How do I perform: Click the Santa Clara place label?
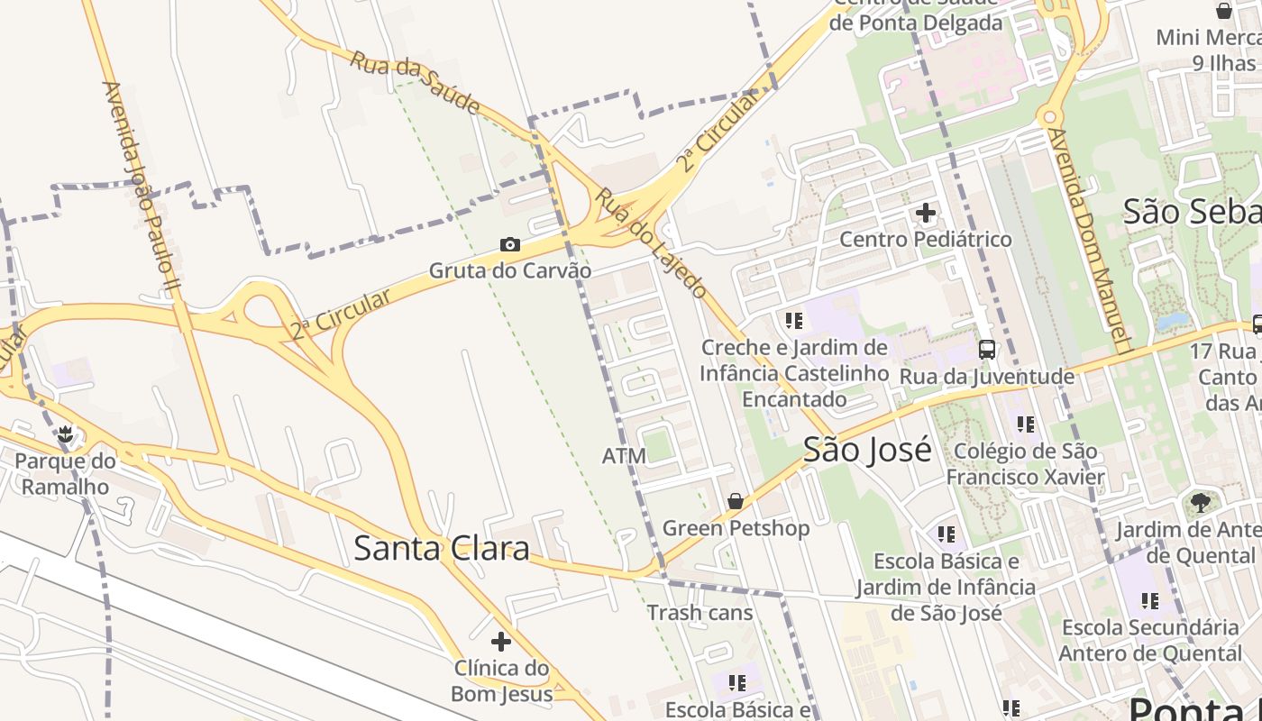pos(441,548)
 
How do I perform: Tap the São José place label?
pos(867,449)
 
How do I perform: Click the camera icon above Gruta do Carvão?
pos(510,244)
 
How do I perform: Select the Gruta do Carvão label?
pos(510,270)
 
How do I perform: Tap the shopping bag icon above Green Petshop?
pos(736,501)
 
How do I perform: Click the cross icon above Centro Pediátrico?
pos(926,214)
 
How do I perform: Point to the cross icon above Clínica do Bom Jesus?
pos(501,642)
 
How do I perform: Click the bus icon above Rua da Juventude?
pos(987,350)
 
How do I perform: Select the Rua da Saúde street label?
pos(415,82)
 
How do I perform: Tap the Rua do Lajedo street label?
pos(650,242)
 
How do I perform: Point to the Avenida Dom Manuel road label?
pos(1090,239)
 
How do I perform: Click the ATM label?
pos(624,456)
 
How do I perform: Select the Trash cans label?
pos(700,613)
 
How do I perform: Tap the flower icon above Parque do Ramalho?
pos(65,434)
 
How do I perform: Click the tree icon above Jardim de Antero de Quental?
pos(1200,503)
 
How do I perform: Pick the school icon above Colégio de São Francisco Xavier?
pos(1026,424)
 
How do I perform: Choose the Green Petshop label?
pos(736,527)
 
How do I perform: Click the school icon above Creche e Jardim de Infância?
pos(794,320)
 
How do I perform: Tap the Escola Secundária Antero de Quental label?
pos(1150,640)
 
